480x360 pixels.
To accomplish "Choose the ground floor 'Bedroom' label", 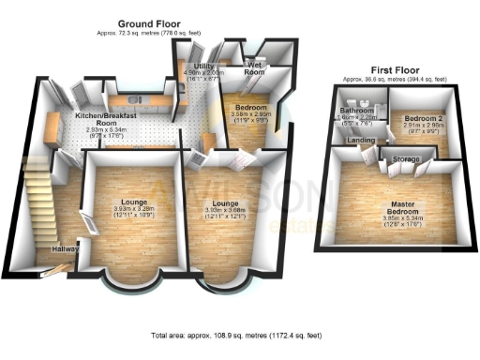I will coord(252,107).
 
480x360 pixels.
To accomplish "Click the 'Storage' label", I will coord(405,160).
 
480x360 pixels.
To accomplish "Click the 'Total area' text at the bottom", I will coord(239,335).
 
